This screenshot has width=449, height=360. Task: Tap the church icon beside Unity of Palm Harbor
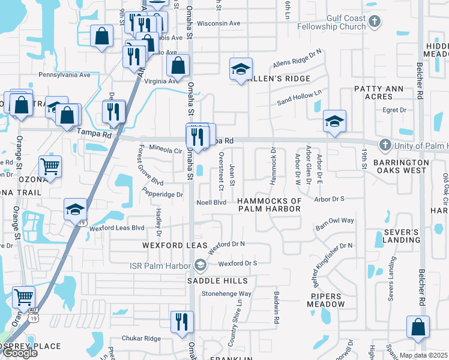384,145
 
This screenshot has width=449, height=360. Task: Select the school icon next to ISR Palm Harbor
200,264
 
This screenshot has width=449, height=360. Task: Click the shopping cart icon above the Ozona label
50,166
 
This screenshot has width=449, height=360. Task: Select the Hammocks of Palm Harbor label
269,205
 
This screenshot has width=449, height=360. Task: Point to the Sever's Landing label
401,236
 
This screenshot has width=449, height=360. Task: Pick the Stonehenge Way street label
226,294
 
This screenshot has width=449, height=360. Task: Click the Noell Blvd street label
211,202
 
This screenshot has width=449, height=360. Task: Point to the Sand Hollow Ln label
299,98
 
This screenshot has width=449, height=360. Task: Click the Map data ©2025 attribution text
423,355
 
